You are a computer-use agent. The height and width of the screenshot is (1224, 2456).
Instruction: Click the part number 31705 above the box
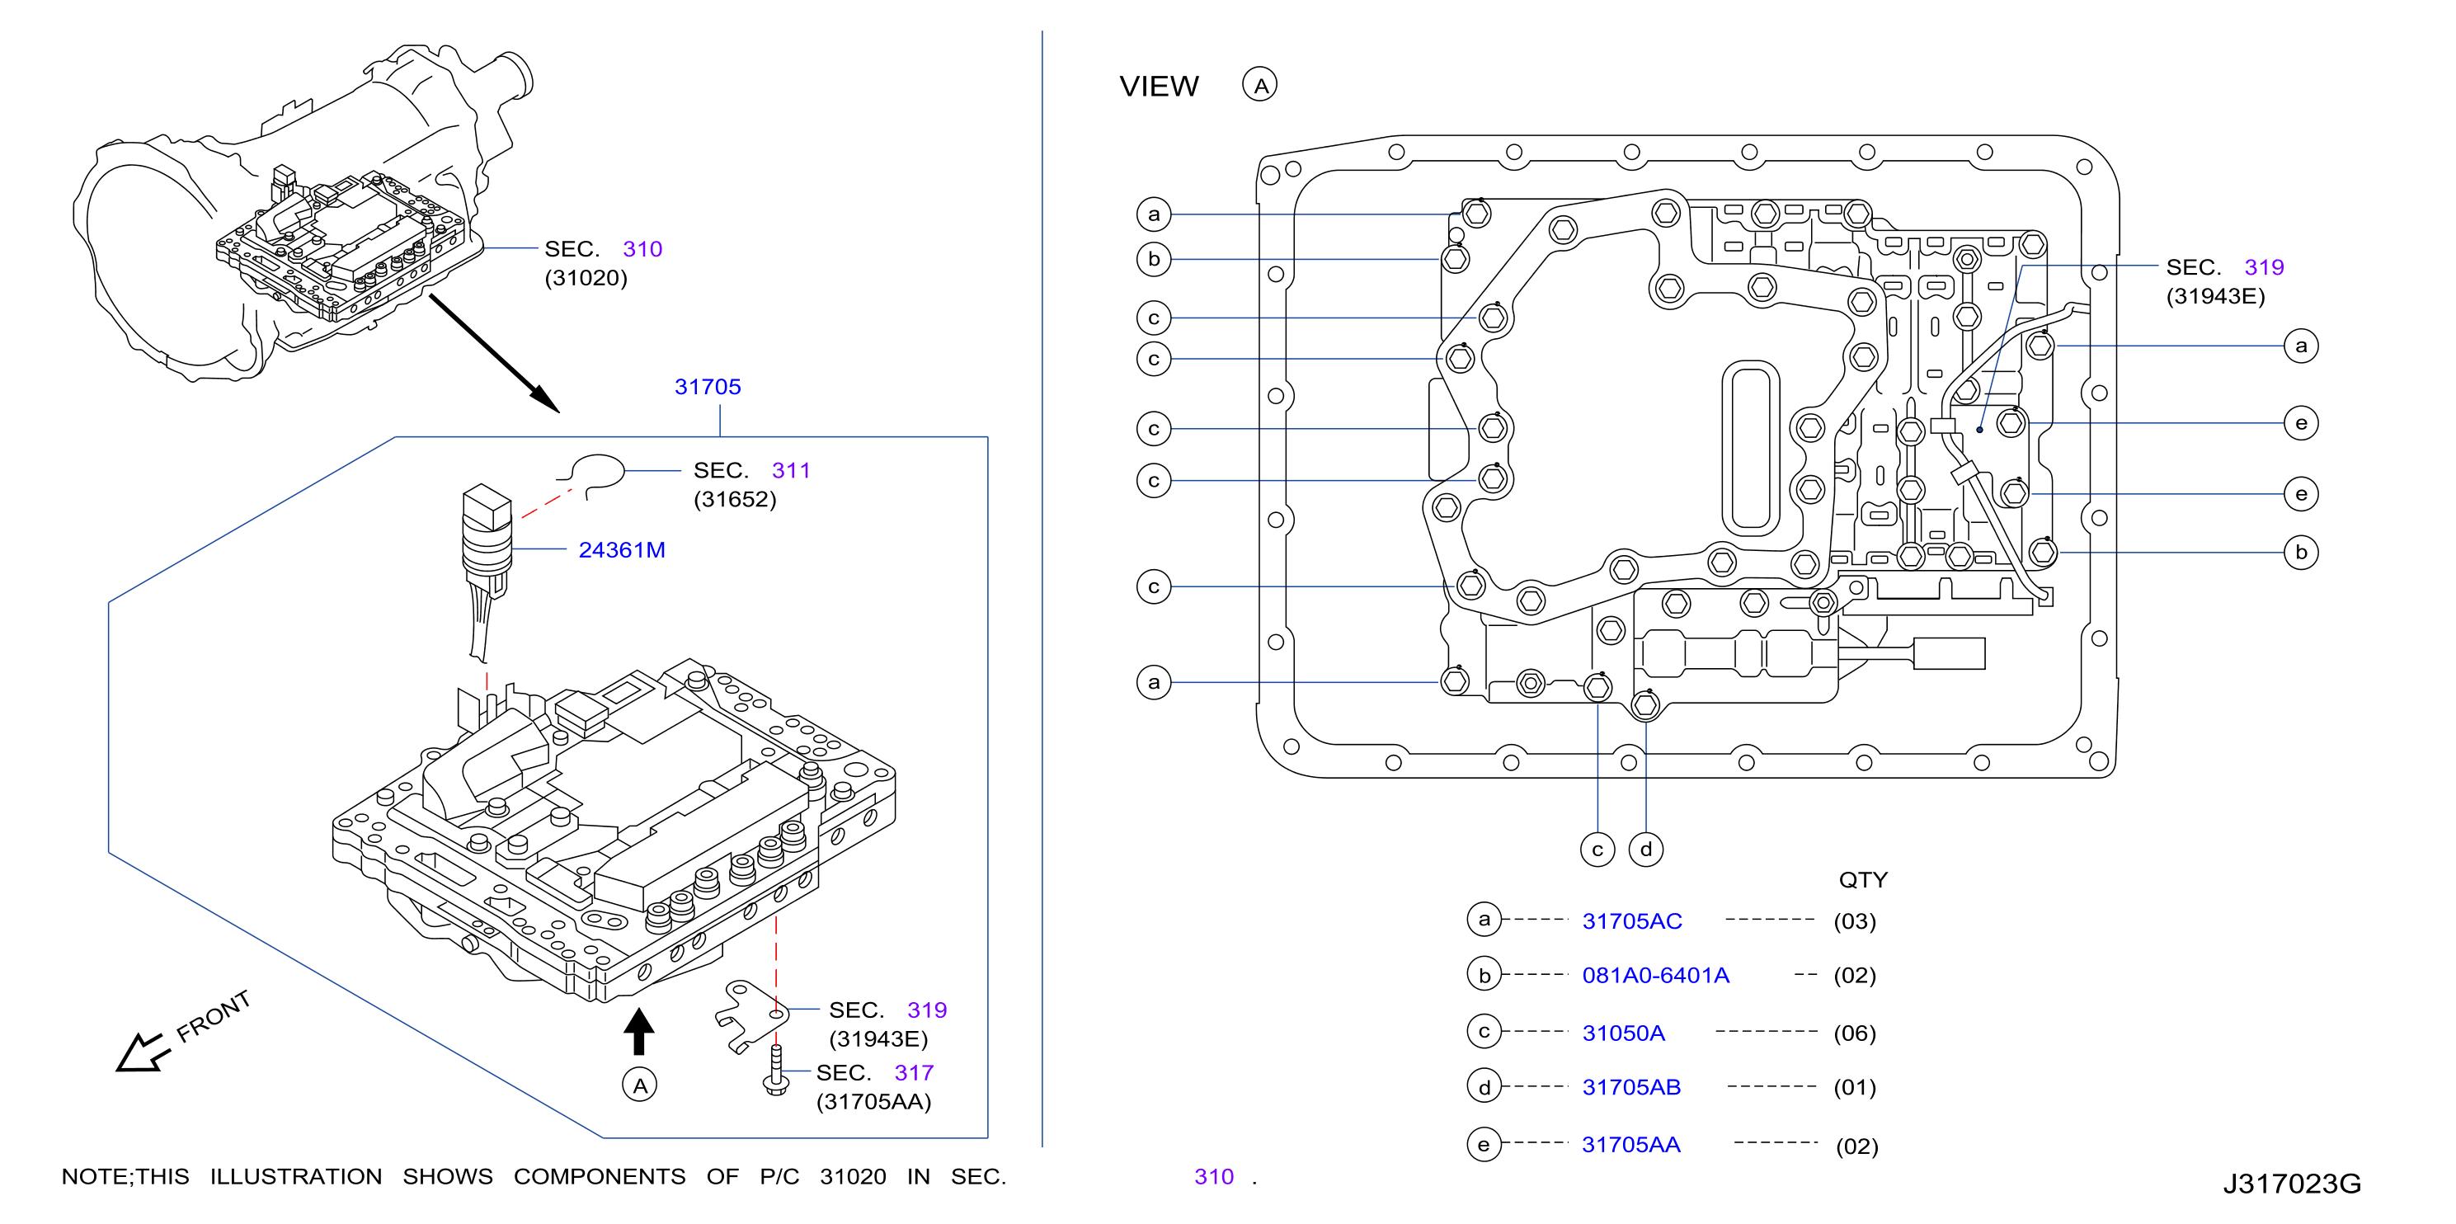708,387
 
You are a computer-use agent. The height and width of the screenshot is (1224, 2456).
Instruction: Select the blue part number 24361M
622,550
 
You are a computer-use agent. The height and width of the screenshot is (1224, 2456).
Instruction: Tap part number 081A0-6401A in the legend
1655,975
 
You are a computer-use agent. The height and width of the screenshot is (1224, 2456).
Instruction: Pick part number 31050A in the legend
1623,1033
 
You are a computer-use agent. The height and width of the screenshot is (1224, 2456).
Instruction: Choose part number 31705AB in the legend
1631,1087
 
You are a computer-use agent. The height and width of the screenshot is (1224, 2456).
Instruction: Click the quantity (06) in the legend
1855,1033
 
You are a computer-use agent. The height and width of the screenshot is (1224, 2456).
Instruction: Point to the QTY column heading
1863,880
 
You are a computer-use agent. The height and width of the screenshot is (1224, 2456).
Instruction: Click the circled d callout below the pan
1645,850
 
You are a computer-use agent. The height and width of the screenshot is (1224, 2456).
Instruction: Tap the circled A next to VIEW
1259,86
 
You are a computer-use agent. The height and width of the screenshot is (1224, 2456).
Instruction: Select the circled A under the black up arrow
640,1085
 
